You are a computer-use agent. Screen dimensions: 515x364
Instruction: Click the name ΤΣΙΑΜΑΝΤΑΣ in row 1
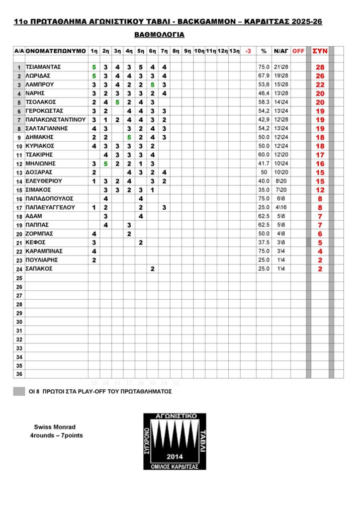pos(43,67)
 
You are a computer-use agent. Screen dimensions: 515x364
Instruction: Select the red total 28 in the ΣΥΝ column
pos(320,67)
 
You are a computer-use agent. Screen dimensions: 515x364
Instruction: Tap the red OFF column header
pos(298,51)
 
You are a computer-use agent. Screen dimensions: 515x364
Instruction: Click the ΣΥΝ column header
pos(320,51)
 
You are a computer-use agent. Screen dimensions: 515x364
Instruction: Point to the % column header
pos(263,51)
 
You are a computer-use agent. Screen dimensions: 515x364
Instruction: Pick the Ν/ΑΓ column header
pos(281,51)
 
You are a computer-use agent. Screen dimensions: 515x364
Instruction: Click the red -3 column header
pos(248,51)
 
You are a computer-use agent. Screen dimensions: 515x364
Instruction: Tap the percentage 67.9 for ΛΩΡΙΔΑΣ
pos(263,76)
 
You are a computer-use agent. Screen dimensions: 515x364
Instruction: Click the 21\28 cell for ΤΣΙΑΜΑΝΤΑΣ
pos(281,67)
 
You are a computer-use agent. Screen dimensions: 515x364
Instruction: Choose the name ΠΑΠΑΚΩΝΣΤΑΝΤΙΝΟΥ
pos(56,120)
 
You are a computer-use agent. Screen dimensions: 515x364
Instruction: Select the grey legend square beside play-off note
pos(19,391)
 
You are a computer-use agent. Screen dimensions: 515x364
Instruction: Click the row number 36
pos(19,374)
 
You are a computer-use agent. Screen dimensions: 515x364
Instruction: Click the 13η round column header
pos(234,51)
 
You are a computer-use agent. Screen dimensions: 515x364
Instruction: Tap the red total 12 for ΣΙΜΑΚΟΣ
pos(320,190)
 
